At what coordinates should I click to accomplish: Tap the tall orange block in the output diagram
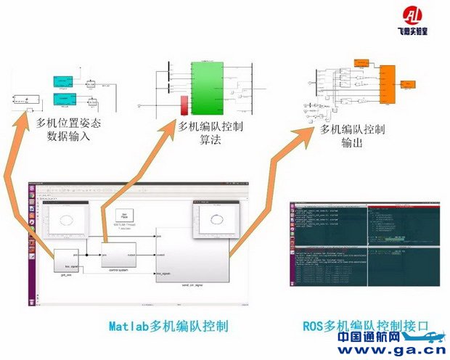386,83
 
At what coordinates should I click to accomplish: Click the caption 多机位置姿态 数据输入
69,129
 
